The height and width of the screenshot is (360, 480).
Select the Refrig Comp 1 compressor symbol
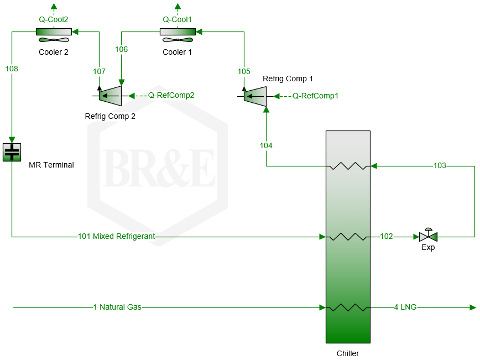point(255,96)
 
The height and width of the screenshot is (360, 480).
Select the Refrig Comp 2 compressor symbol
point(110,96)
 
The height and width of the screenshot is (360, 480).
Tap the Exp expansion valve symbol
point(428,236)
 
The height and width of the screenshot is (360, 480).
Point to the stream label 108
point(12,69)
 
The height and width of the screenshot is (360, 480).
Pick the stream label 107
point(99,71)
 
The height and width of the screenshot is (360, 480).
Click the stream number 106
point(121,49)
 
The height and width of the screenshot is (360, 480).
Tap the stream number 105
point(244,71)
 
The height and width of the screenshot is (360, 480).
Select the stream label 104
point(266,145)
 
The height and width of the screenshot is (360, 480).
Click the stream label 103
point(440,165)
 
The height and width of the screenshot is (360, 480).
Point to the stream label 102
point(387,237)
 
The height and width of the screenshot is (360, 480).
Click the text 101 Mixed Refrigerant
point(116,237)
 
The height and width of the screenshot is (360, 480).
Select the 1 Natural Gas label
point(117,307)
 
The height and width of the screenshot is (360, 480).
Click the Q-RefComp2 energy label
point(171,95)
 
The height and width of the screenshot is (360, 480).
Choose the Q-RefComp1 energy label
point(315,96)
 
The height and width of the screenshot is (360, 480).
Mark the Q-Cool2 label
point(54,19)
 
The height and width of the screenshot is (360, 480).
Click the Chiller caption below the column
point(348,353)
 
